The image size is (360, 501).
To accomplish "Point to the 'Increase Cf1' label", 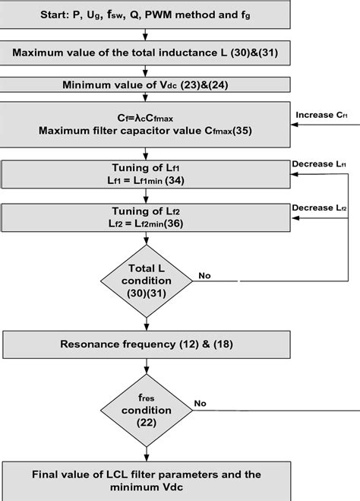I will (x=321, y=116).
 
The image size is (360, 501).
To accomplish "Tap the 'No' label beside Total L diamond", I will (x=204, y=275).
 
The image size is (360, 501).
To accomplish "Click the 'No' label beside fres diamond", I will (x=201, y=403).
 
